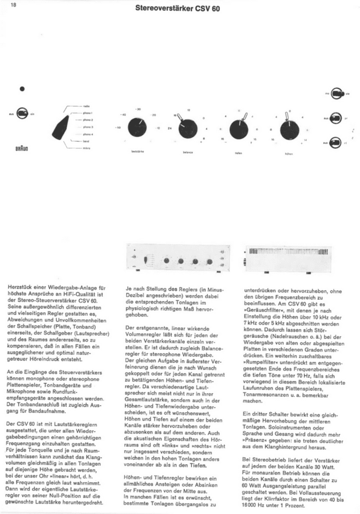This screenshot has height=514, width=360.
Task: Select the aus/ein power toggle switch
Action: tap(22, 114)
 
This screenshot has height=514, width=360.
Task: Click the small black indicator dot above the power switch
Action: tap(22, 89)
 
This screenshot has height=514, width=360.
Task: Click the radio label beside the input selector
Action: tap(87, 105)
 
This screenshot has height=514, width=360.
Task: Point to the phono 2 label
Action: tap(88, 119)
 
